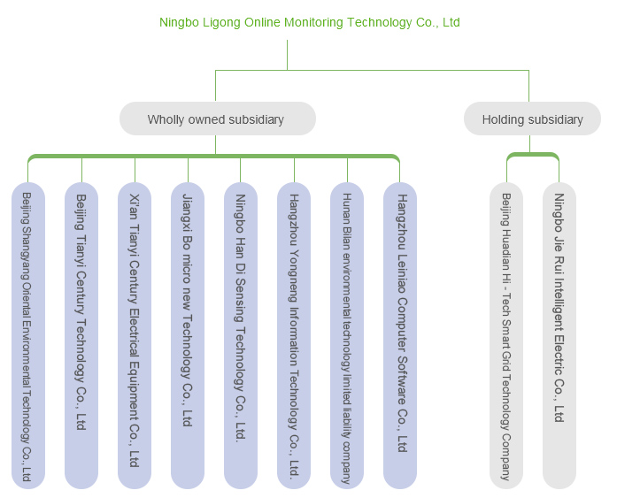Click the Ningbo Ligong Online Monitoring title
coord(309,22)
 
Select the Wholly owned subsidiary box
coord(217,119)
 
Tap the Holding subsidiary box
coord(532,119)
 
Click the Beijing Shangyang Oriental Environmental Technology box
coord(28,336)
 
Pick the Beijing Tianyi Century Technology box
coord(81,336)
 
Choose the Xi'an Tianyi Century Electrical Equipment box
coord(135,336)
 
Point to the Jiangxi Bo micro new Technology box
coord(188,336)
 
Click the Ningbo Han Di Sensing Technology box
coord(241,336)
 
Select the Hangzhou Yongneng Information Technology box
coord(294,336)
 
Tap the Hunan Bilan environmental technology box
coord(347,336)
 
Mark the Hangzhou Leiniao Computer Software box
coord(400,336)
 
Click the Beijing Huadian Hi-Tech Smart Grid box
coord(506,336)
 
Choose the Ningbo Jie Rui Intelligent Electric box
coord(559,336)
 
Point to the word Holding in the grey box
coord(503,119)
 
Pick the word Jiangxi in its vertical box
coord(188,212)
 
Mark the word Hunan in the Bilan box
coord(347,207)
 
